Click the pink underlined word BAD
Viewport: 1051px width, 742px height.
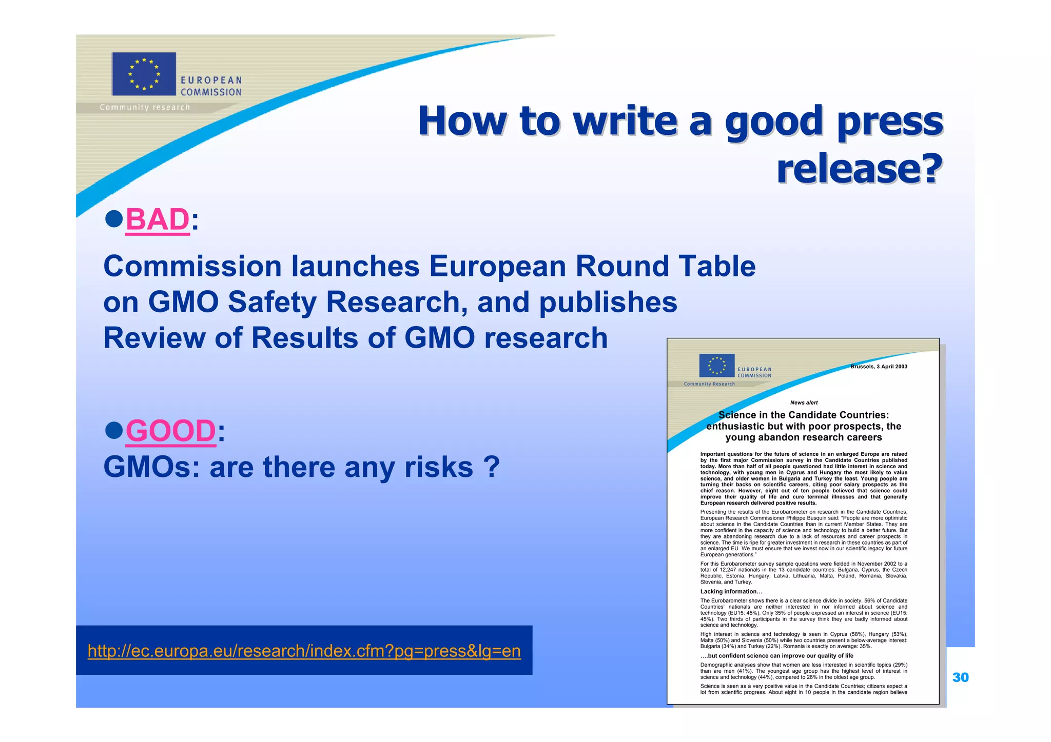click(157, 219)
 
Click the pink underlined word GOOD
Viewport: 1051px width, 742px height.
click(170, 431)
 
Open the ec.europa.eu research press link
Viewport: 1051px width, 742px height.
click(304, 651)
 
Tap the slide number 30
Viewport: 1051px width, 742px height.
click(960, 677)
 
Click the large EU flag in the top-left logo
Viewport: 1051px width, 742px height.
click(144, 74)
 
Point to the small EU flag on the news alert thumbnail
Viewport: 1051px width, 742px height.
click(716, 366)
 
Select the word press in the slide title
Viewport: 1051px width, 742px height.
click(890, 121)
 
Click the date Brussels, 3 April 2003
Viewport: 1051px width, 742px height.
click(879, 367)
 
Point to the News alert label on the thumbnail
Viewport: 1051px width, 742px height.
click(804, 403)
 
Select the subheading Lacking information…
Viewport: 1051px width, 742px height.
click(731, 591)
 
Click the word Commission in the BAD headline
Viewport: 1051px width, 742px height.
click(192, 267)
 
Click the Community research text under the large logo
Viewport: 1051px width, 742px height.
click(145, 107)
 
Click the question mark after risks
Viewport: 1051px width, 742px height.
click(491, 467)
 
